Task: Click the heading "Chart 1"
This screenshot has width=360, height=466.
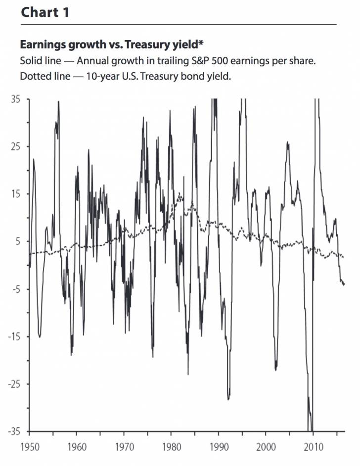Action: point(45,12)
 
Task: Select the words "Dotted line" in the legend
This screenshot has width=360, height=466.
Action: point(42,77)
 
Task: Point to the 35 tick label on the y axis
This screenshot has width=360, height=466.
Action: point(15,99)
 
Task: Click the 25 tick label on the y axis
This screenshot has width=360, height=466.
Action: point(15,146)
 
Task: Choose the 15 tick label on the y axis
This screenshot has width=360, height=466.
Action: point(15,194)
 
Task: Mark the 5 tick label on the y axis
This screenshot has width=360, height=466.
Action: point(17,241)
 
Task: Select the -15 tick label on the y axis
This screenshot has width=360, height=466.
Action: point(13,336)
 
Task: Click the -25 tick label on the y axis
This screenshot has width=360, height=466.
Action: point(13,384)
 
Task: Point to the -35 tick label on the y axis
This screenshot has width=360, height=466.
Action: point(13,431)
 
